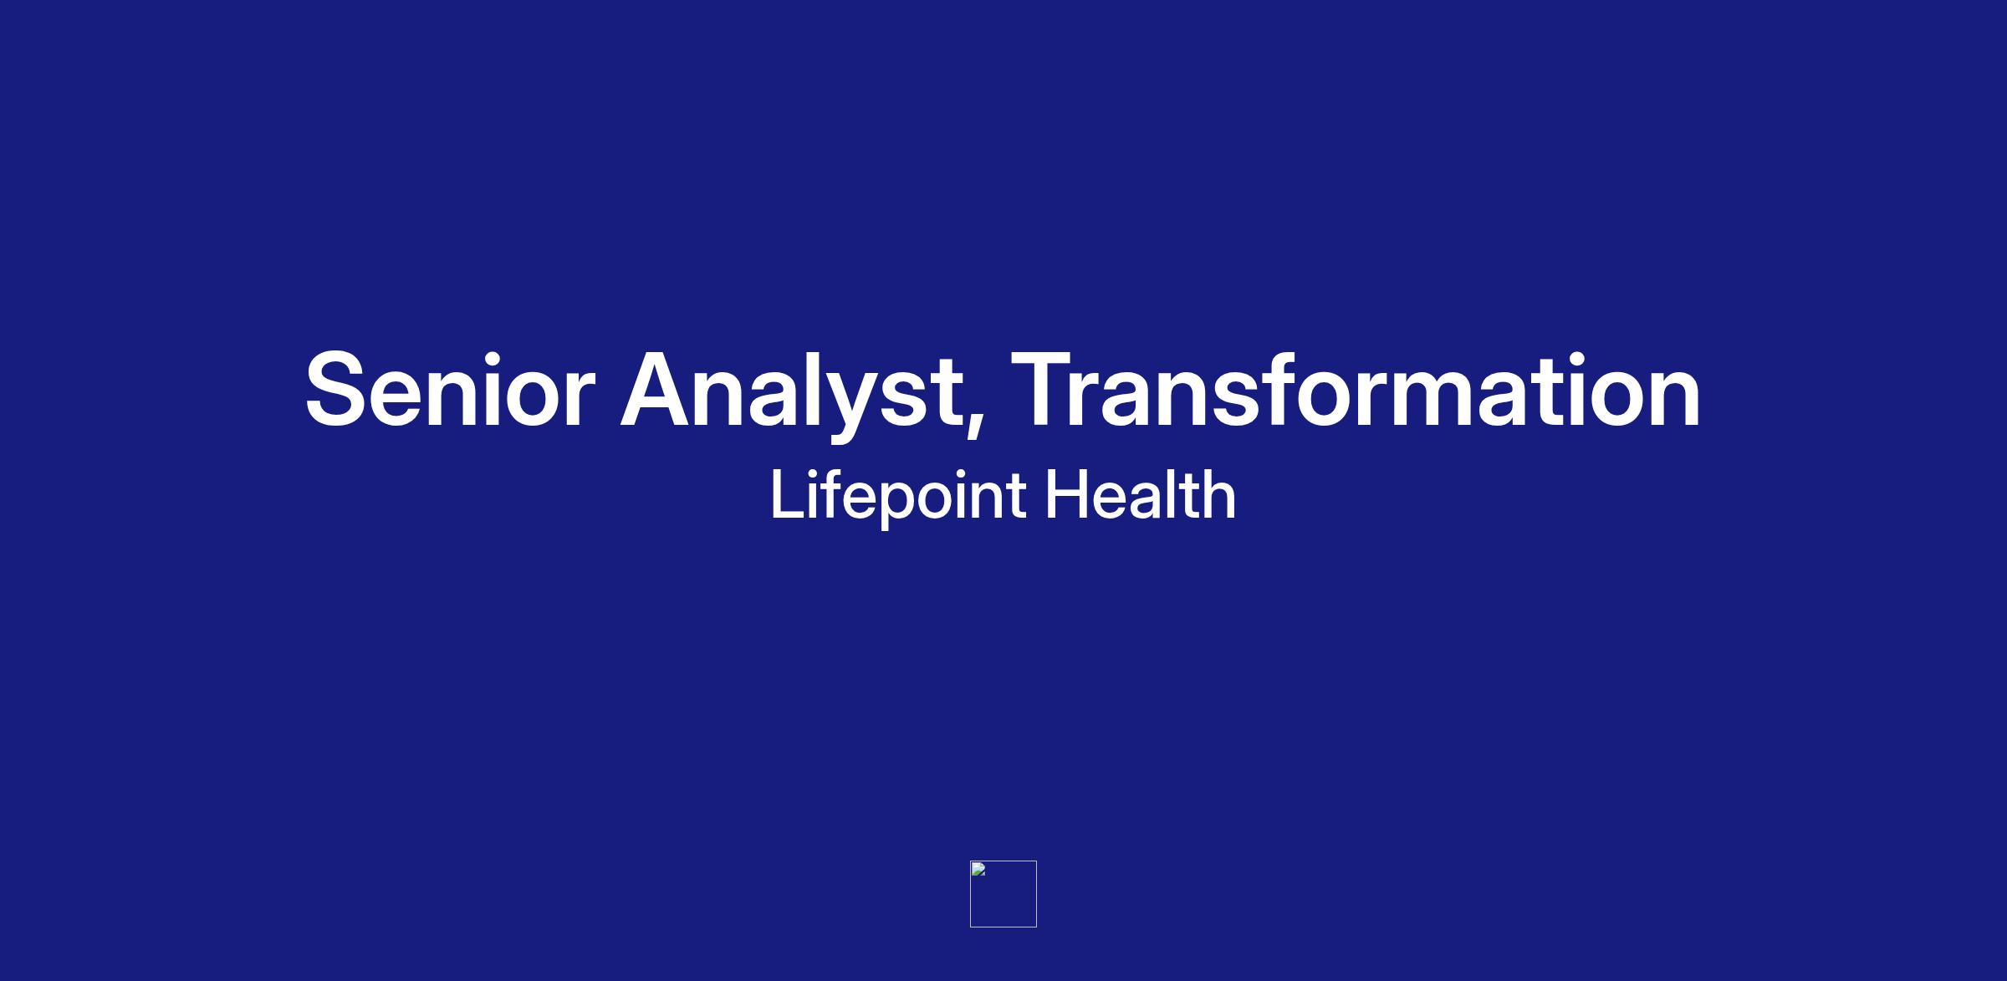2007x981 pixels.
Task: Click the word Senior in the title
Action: (x=450, y=390)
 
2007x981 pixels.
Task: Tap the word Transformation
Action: (x=1356, y=390)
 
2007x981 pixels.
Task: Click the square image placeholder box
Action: (x=1004, y=894)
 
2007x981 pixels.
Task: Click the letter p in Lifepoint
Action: (x=896, y=505)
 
